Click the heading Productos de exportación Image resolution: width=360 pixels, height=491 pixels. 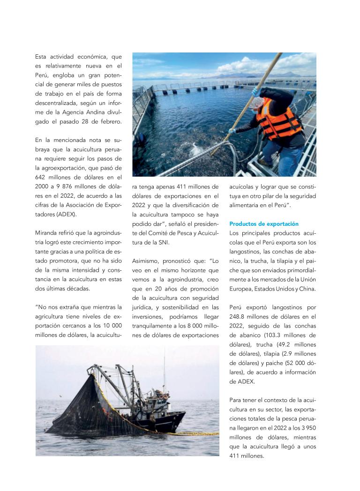[264, 224]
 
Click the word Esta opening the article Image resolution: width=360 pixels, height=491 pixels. [41, 57]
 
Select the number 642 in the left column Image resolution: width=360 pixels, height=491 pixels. [42, 177]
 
